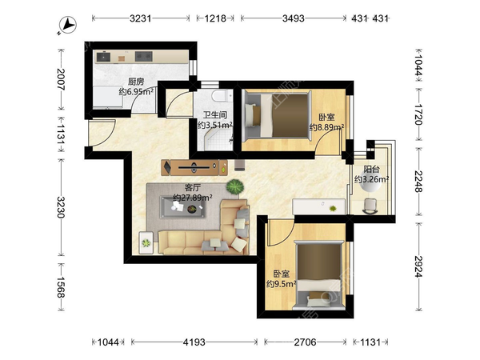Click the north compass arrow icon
(x=68, y=25)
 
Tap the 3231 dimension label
(x=141, y=18)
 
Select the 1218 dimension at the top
(x=215, y=18)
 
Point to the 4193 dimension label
(x=194, y=342)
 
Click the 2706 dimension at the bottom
(x=306, y=342)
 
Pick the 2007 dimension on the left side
(x=61, y=78)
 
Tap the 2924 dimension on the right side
(x=418, y=266)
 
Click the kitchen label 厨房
(x=136, y=82)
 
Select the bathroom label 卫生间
(x=215, y=115)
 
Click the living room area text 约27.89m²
(x=193, y=198)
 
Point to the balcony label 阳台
(x=372, y=170)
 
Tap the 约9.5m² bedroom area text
(x=282, y=284)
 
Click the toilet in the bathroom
(x=220, y=95)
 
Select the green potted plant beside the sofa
(x=235, y=186)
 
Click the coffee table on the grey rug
(x=182, y=207)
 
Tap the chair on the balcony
(x=370, y=206)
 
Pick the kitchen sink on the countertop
(x=103, y=57)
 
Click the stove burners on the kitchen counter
(x=144, y=56)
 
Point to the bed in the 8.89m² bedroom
(x=278, y=115)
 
